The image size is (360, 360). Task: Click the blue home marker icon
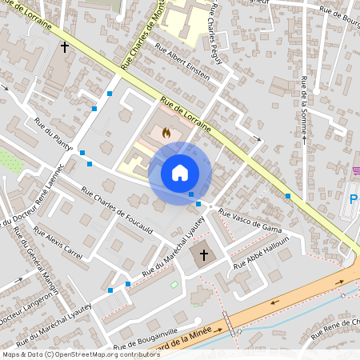pyautogui.click(x=179, y=172)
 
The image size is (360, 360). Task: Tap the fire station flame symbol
pyautogui.click(x=166, y=133)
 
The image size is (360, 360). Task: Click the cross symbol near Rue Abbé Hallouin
pyautogui.click(x=203, y=255)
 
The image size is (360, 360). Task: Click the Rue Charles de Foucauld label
pyautogui.click(x=118, y=203)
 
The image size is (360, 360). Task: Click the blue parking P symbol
pyautogui.click(x=353, y=198)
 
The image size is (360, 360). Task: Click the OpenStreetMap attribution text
pyautogui.click(x=70, y=354)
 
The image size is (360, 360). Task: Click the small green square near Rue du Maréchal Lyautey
pyautogui.click(x=174, y=284)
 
